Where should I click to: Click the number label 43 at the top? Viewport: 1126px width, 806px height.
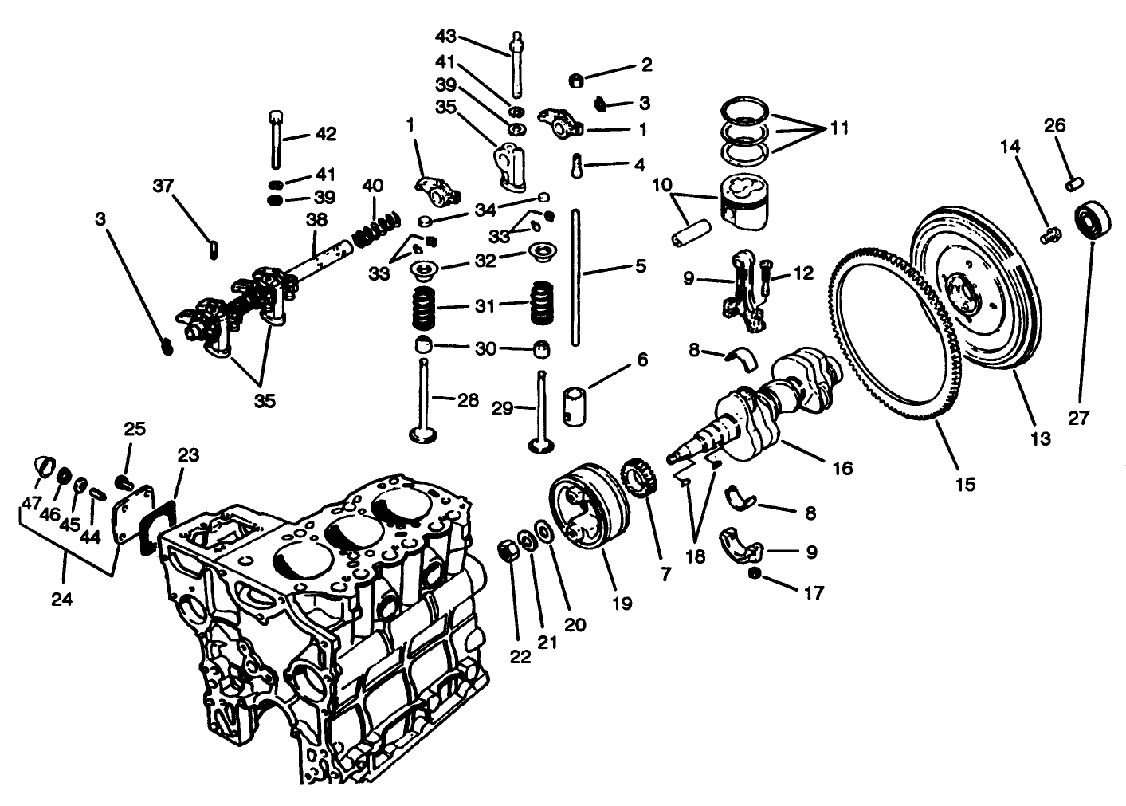[x=447, y=37]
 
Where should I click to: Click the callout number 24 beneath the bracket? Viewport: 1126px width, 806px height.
[x=61, y=598]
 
